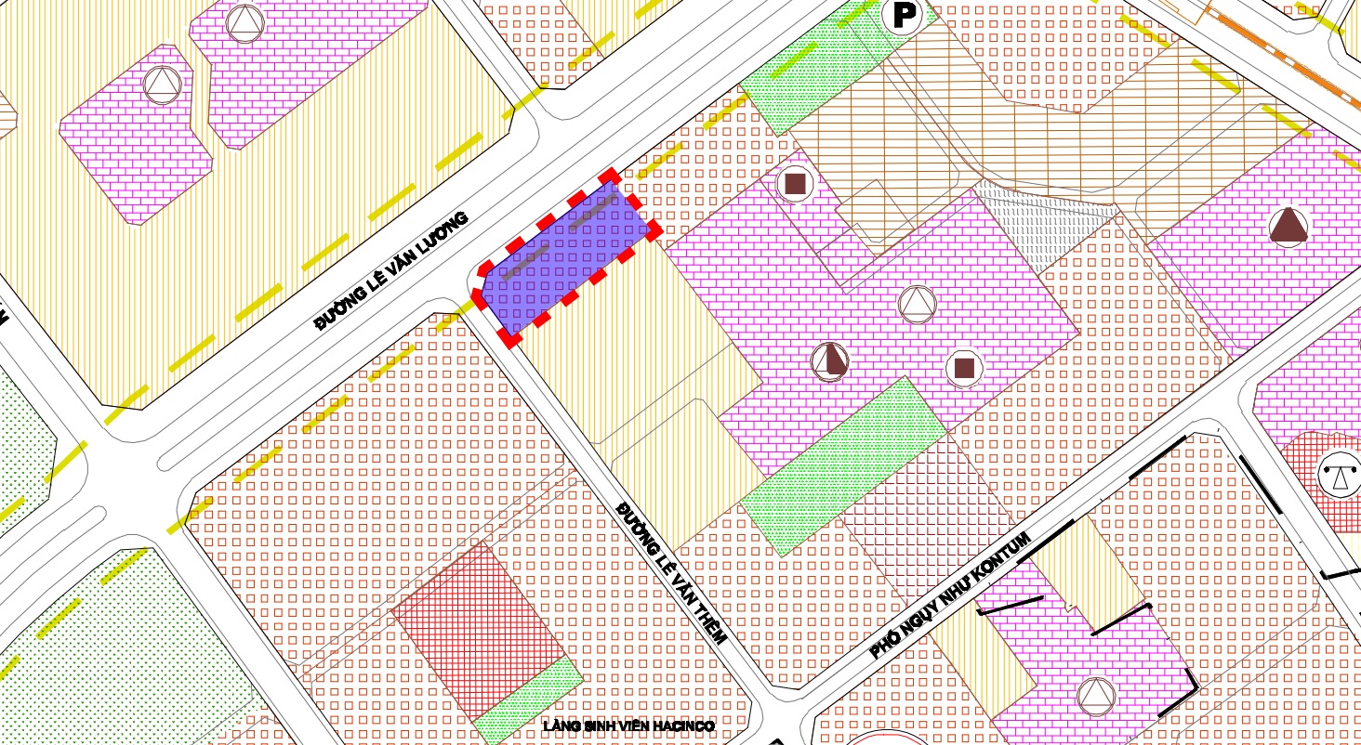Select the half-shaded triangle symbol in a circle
coord(830,359)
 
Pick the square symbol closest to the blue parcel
coord(794,184)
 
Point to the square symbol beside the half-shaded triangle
coord(964,368)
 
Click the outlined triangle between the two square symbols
coord(917,303)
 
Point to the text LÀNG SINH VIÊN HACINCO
coord(628,726)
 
